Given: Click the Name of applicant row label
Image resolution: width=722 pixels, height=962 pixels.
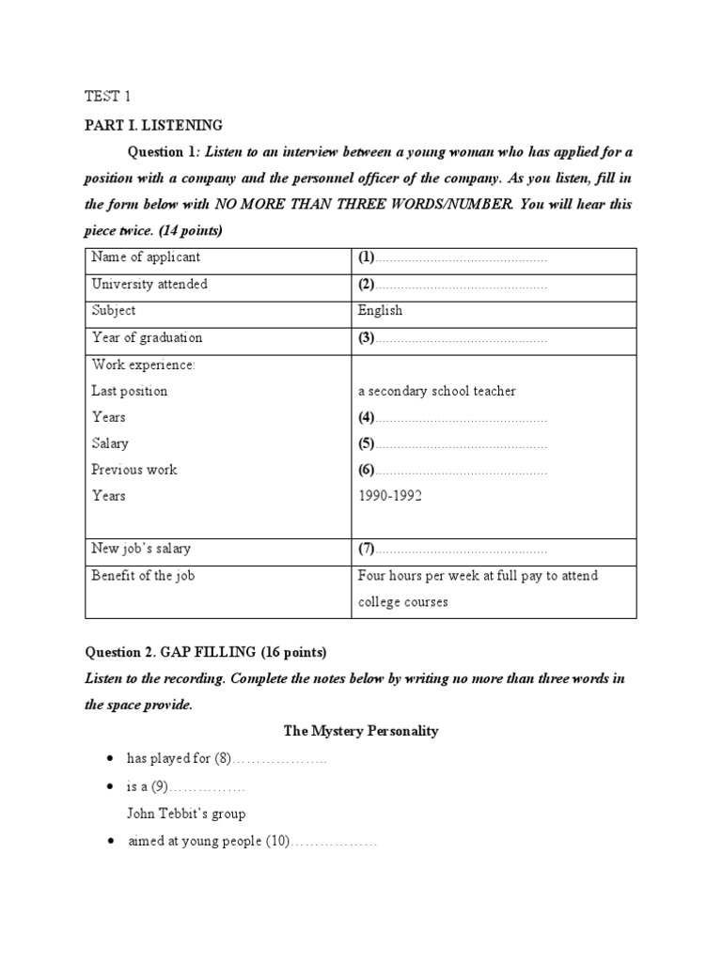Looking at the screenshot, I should pyautogui.click(x=145, y=257).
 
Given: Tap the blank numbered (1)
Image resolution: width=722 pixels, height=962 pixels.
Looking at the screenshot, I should pyautogui.click(x=452, y=257).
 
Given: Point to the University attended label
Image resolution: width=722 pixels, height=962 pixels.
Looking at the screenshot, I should pyautogui.click(x=149, y=284).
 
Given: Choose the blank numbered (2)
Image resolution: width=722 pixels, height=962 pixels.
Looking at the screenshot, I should pyautogui.click(x=452, y=284).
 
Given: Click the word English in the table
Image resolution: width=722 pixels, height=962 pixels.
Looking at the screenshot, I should pyautogui.click(x=380, y=310).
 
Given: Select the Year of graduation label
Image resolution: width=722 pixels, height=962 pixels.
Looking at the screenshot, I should pyautogui.click(x=146, y=337).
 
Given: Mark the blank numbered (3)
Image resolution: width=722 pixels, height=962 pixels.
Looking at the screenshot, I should pyautogui.click(x=452, y=337).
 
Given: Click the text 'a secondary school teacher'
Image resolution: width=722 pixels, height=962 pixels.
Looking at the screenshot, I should pyautogui.click(x=436, y=391).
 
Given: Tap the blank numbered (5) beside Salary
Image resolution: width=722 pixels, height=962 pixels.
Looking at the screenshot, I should pyautogui.click(x=452, y=443).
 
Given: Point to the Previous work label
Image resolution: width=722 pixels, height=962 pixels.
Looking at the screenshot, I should pyautogui.click(x=133, y=470).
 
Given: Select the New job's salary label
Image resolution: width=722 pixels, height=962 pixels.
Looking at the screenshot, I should pyautogui.click(x=140, y=549).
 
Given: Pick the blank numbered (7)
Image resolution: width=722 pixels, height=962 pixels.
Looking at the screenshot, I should pyautogui.click(x=452, y=549).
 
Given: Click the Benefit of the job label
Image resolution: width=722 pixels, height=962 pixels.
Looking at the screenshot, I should pyautogui.click(x=142, y=576).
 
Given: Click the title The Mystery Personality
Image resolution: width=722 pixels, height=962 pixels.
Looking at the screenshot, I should pyautogui.click(x=361, y=731).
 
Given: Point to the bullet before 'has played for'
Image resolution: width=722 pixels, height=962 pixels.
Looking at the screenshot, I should pyautogui.click(x=112, y=758).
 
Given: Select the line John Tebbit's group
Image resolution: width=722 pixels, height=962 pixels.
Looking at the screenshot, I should pyautogui.click(x=186, y=814).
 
